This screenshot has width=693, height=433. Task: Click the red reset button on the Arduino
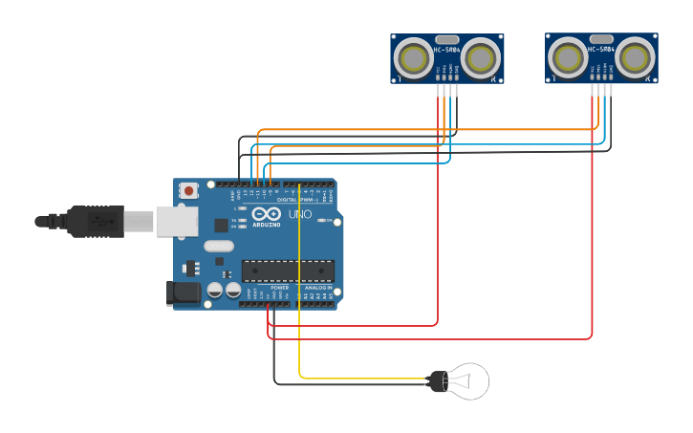click(x=189, y=190)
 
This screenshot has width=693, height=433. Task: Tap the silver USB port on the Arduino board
click(x=177, y=221)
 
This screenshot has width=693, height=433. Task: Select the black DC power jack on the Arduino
click(x=184, y=293)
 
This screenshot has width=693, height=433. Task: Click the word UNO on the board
click(x=300, y=214)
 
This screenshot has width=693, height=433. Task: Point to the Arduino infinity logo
click(x=267, y=213)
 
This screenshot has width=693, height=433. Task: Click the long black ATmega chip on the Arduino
click(x=288, y=271)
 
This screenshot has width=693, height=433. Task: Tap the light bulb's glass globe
click(x=471, y=381)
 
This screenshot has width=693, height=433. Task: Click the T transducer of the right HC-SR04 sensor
click(x=569, y=58)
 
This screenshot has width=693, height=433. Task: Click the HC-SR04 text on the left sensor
click(x=446, y=49)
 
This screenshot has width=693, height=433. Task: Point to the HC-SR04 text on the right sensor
click(x=601, y=49)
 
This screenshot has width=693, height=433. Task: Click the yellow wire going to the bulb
click(x=300, y=287)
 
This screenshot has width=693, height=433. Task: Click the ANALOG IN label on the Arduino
click(x=318, y=287)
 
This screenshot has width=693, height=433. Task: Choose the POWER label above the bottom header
click(x=279, y=287)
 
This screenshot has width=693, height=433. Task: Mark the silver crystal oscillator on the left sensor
click(x=446, y=38)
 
